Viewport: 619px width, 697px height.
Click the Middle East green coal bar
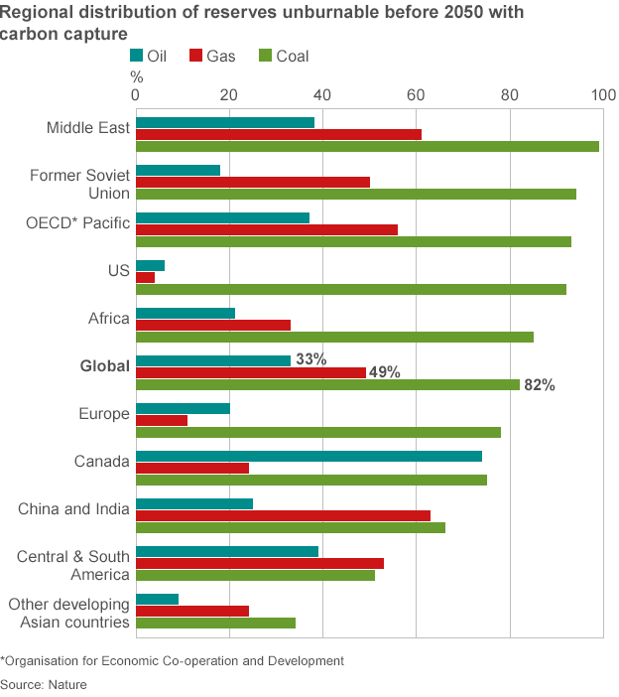point(367,146)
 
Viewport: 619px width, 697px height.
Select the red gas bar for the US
point(145,277)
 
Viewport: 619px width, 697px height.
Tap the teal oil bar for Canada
point(309,456)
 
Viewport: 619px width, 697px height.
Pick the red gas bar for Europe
point(162,420)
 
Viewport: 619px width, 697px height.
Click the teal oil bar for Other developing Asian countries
point(157,599)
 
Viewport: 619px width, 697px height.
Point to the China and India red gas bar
point(283,515)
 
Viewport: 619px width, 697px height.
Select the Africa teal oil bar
point(186,313)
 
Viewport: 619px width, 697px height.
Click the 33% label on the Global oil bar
point(311,358)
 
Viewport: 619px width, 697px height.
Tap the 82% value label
point(540,385)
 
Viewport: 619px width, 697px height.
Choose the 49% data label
point(385,372)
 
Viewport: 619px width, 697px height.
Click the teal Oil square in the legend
point(136,56)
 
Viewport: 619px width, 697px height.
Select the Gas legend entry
point(212,56)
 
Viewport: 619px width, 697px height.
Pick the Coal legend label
point(293,56)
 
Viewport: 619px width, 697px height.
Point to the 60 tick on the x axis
point(416,95)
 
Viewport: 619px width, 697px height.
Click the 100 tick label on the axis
point(603,95)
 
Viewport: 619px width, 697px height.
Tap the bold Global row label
point(105,365)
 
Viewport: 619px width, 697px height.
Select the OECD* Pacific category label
point(77,222)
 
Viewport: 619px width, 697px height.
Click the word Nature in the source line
point(67,684)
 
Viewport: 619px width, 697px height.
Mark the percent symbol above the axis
point(136,77)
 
